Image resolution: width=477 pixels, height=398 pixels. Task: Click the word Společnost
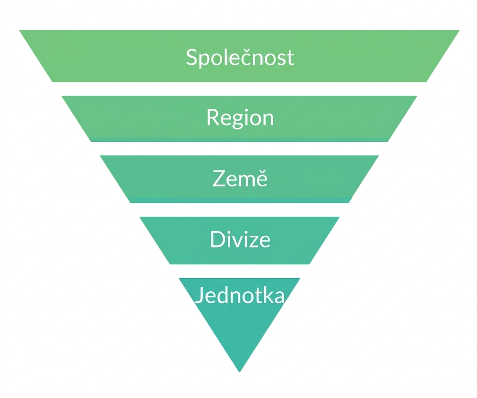click(240, 57)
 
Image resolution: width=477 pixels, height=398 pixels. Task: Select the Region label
click(240, 118)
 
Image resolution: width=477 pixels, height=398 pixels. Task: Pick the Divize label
click(240, 239)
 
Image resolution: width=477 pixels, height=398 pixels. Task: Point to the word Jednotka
click(240, 295)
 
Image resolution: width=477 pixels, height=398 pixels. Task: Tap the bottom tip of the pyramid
click(240, 372)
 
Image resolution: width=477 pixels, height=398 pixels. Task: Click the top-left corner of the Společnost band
click(19, 30)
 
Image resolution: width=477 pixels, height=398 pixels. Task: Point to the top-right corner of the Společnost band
click(459, 30)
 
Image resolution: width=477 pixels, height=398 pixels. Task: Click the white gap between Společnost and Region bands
click(240, 89)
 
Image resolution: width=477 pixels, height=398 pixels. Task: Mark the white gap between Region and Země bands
click(240, 148)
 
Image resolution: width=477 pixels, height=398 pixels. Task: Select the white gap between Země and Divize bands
click(240, 210)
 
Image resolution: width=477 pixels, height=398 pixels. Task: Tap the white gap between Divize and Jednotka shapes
click(240, 271)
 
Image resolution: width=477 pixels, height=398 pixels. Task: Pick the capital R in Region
click(213, 117)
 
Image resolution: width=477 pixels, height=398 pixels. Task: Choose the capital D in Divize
click(218, 239)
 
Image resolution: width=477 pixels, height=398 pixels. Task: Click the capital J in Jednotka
click(199, 295)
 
